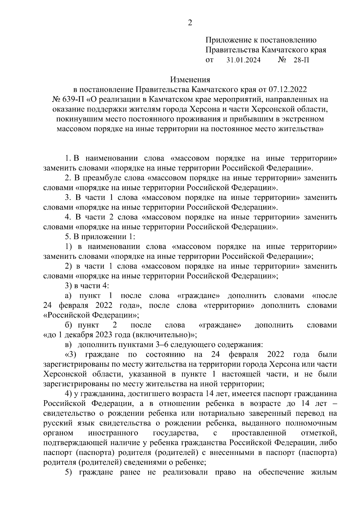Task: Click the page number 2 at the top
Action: pyautogui.click(x=190, y=23)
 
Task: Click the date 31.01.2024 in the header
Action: pyautogui.click(x=244, y=60)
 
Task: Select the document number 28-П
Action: pyautogui.click(x=301, y=60)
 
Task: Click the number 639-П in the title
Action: pyautogui.click(x=71, y=99)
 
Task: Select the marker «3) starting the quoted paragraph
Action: pyautogui.click(x=71, y=355)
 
